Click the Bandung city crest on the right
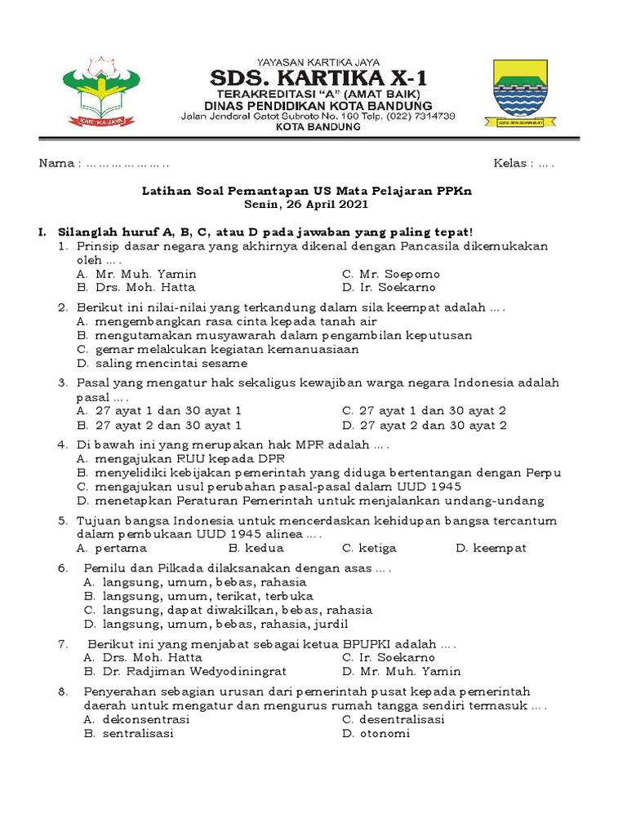[x=526, y=92]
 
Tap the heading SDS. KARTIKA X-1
[x=318, y=78]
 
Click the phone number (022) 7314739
[x=423, y=116]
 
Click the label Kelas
[x=510, y=164]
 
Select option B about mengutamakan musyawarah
[x=274, y=335]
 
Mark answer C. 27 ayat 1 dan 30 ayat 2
[x=424, y=411]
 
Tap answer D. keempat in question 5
[x=491, y=548]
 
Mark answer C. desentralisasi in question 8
[x=393, y=719]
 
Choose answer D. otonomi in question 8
[x=376, y=733]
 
